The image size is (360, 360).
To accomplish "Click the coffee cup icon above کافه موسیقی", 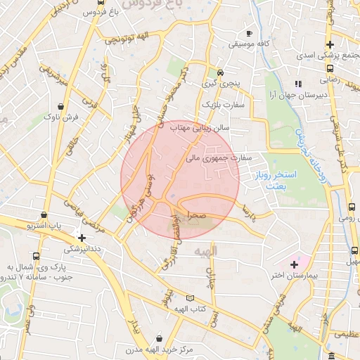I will pyautogui.click(x=249, y=33).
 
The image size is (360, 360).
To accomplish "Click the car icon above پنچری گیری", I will pyautogui.click(x=220, y=72).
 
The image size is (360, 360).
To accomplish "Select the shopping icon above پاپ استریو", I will pyautogui.click(x=44, y=214).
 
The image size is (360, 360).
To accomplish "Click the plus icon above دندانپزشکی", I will pyautogui.click(x=82, y=238).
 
